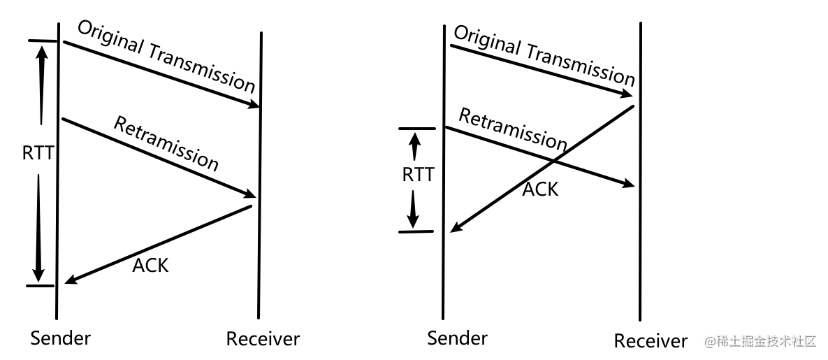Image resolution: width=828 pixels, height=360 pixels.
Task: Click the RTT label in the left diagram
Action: tap(38, 154)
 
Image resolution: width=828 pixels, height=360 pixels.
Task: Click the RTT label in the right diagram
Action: tap(418, 174)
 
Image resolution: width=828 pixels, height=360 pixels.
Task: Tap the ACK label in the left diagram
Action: tap(150, 265)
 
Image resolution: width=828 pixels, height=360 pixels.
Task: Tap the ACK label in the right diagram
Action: tap(540, 188)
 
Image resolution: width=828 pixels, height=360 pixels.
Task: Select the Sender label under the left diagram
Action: tap(61, 338)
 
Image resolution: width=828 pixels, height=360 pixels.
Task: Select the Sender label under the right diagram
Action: tap(457, 338)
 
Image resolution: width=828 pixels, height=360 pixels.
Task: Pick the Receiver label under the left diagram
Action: tap(263, 339)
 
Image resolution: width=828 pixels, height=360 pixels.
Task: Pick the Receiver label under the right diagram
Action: tap(651, 341)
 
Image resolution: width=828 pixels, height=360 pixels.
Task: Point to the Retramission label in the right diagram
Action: tap(512, 129)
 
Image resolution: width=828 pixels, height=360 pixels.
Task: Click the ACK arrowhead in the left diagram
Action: tap(68, 281)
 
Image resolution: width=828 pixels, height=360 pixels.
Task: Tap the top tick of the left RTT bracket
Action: tap(42, 41)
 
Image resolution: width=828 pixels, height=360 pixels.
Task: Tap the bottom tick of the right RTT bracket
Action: tap(416, 231)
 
